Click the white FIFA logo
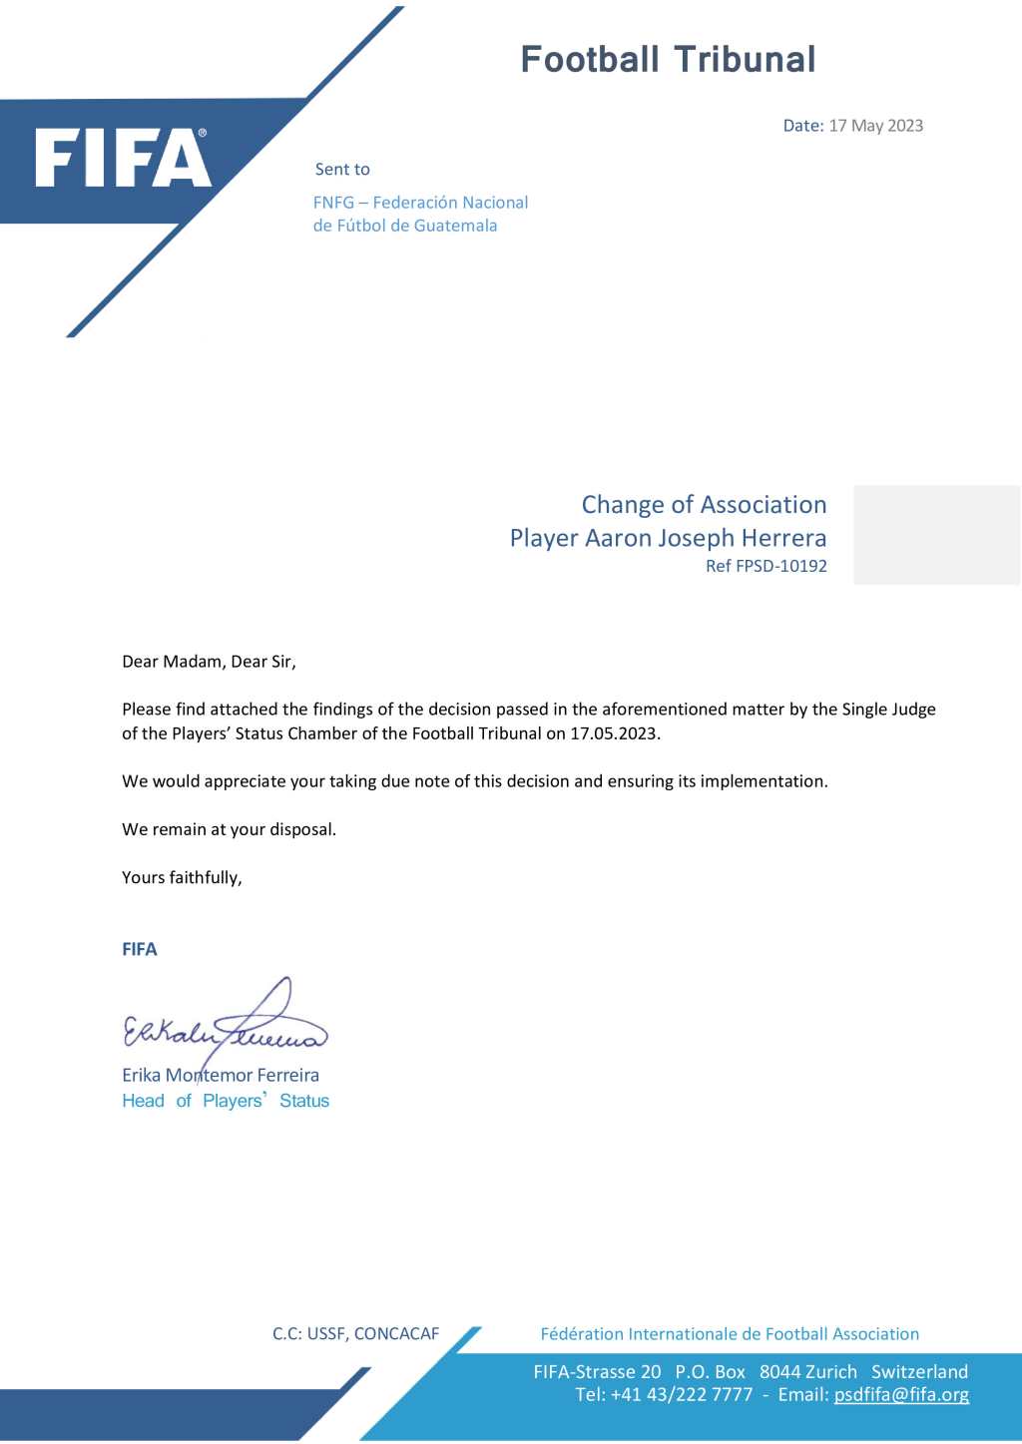coord(123,159)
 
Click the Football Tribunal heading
coord(668,60)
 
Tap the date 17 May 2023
coord(875,126)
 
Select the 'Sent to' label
coord(342,170)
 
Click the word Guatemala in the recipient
coord(455,226)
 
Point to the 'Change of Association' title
coord(704,505)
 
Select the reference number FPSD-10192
coord(780,566)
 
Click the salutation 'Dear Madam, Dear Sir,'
coord(209,662)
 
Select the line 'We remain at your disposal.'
coord(229,829)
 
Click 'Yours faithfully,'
coord(182,877)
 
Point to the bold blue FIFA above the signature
coord(140,949)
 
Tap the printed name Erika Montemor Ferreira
coord(221,1075)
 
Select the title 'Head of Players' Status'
coord(226,1101)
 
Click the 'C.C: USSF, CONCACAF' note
coord(355,1334)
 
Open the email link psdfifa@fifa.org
coord(901,1395)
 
